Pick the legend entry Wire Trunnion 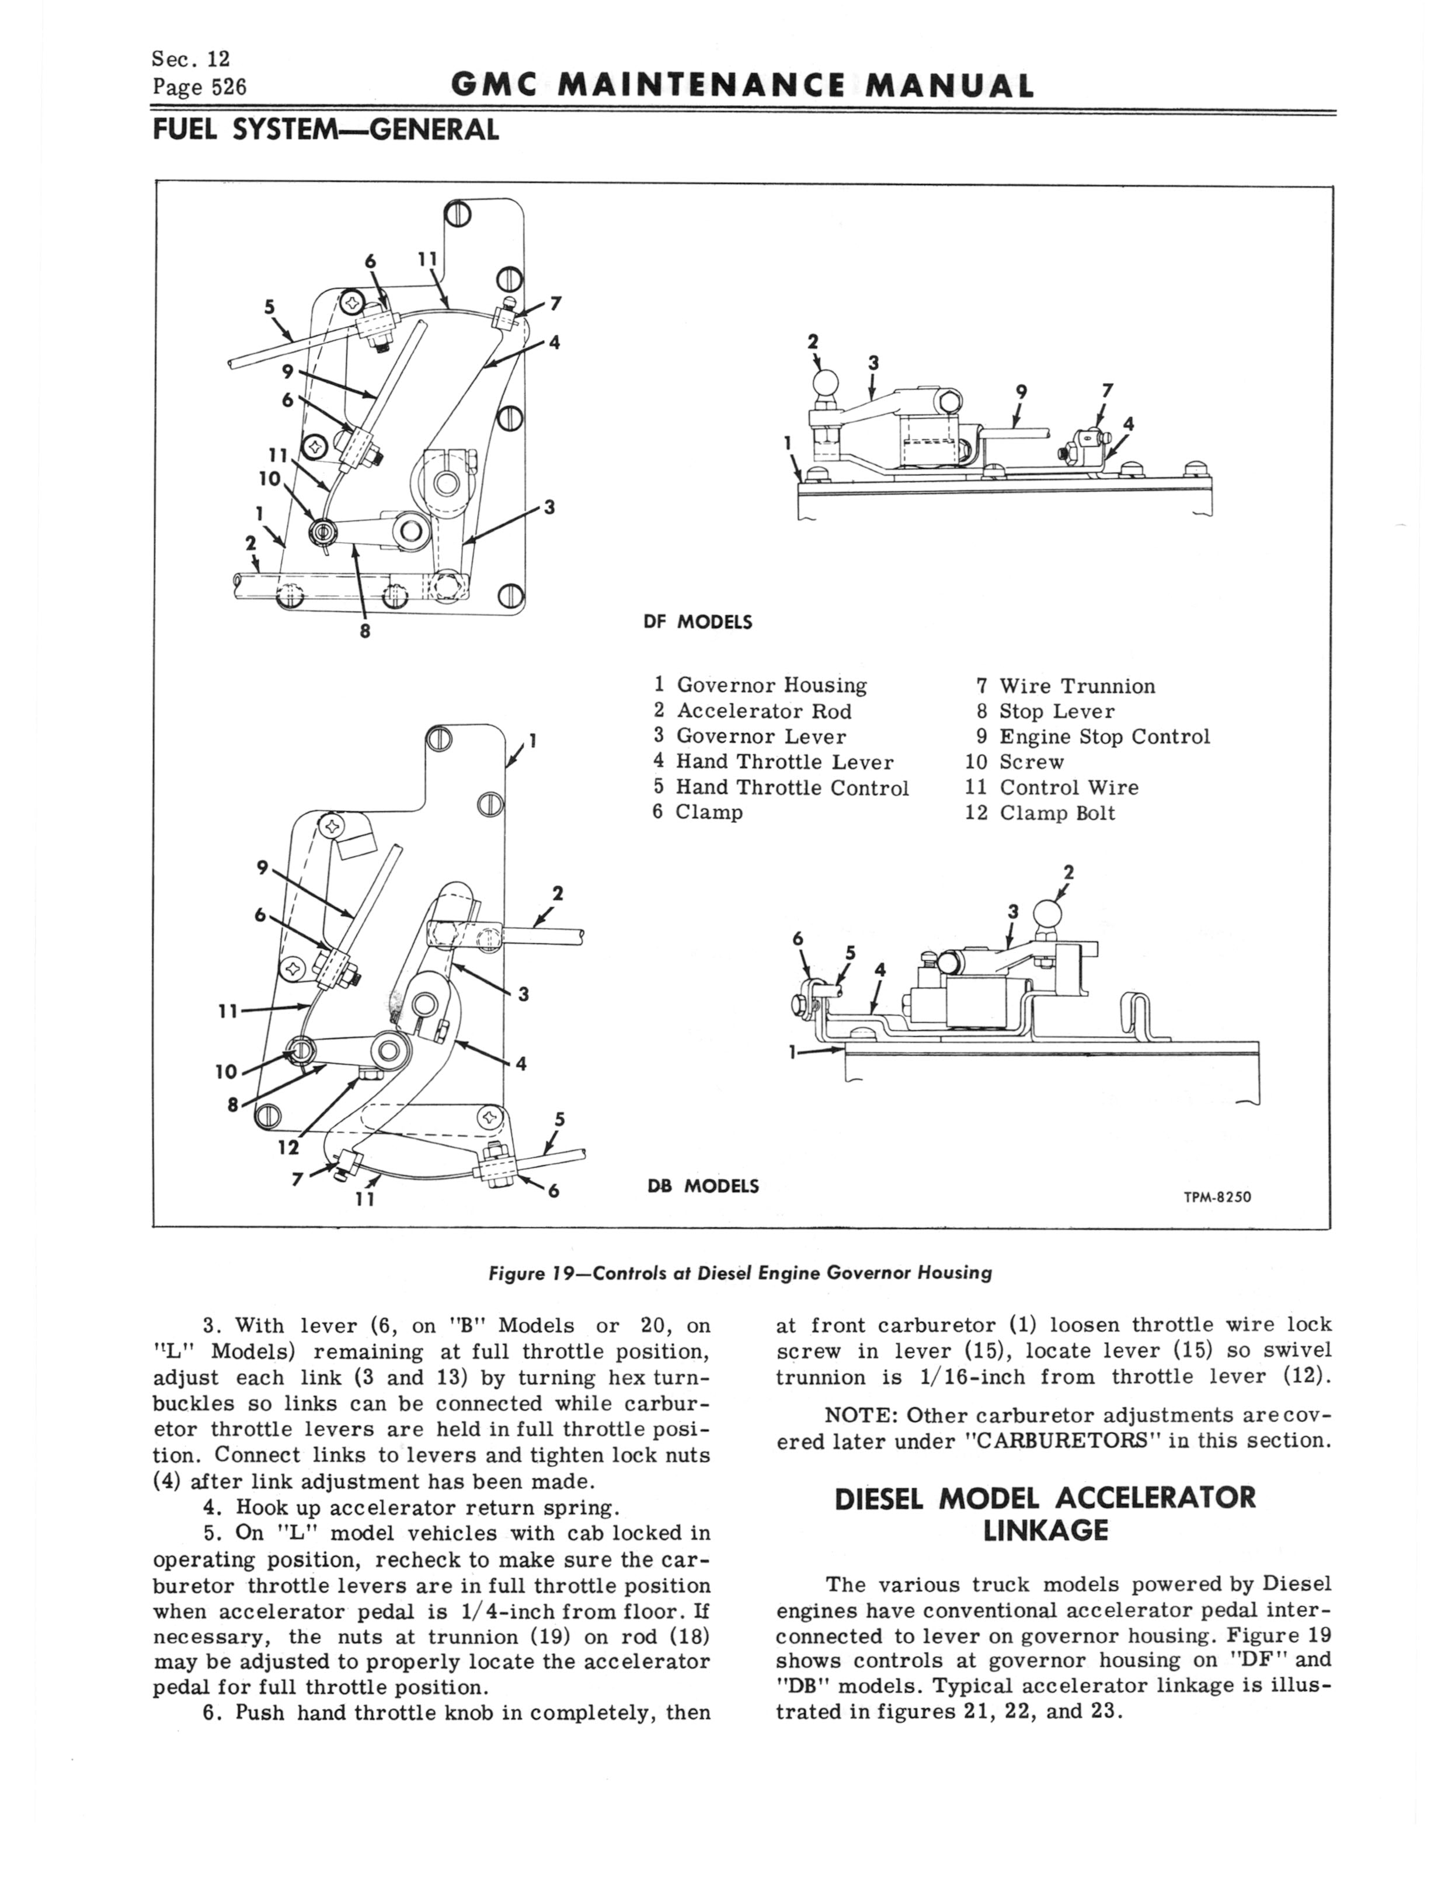[1077, 686]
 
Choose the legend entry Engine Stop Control [1104, 737]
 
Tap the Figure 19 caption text [740, 1272]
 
